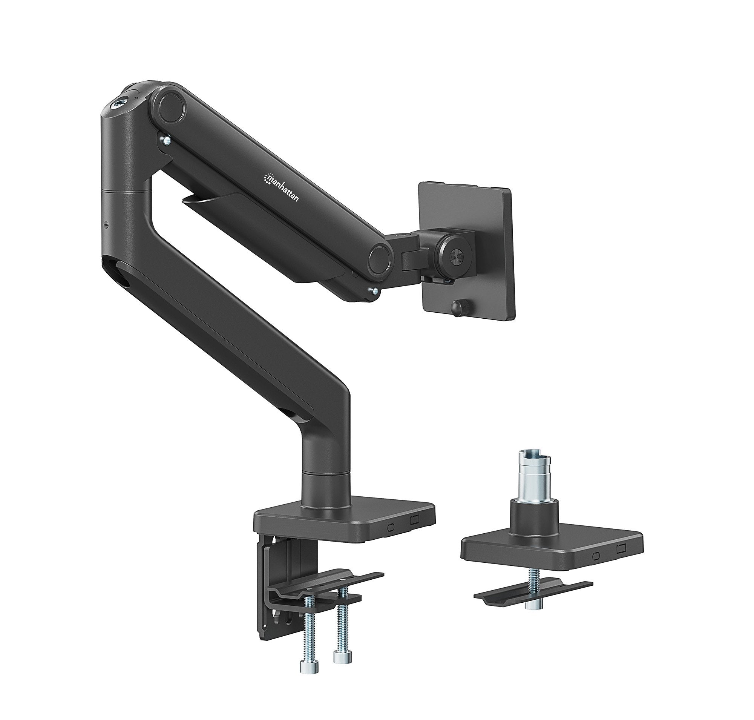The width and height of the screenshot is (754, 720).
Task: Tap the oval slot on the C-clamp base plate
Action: click(391, 527)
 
